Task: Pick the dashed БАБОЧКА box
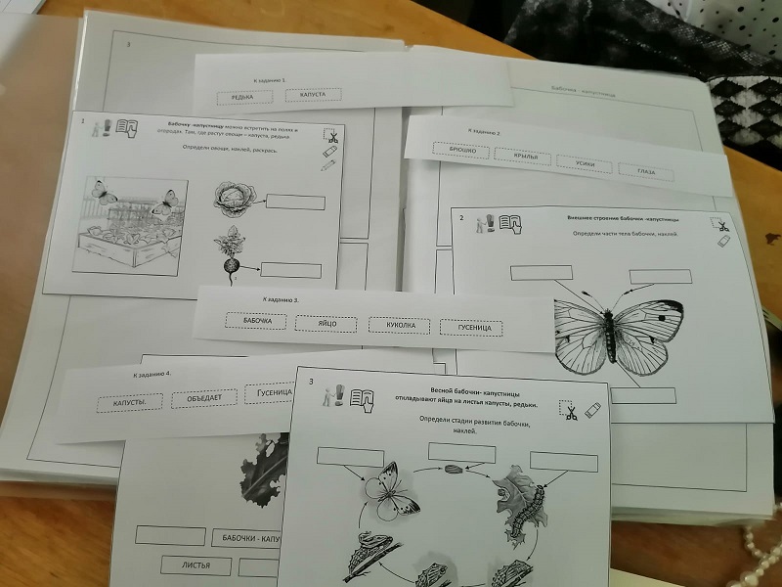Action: coord(255,321)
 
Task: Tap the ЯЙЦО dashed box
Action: coord(328,323)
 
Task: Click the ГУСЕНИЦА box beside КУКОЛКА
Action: coord(471,328)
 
